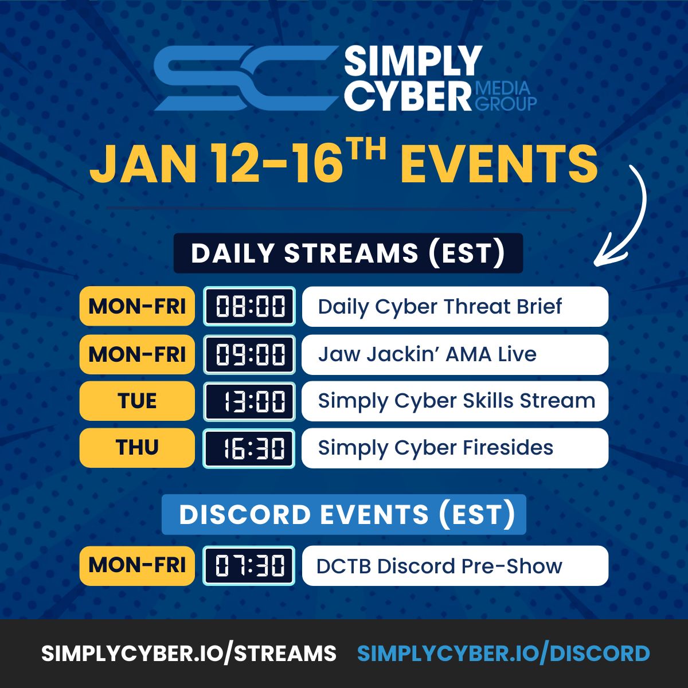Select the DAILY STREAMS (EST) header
[x=348, y=253]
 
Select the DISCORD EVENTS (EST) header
[x=344, y=514]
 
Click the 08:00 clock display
[x=249, y=306]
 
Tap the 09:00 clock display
[x=249, y=354]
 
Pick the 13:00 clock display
[x=249, y=401]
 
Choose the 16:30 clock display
[x=249, y=448]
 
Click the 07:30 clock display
[x=249, y=565]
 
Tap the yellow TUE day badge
[x=137, y=401]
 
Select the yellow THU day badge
[x=137, y=448]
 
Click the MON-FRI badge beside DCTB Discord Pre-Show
[x=137, y=565]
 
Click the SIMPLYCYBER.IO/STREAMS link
[x=189, y=653]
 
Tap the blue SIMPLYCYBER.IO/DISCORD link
[x=503, y=653]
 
